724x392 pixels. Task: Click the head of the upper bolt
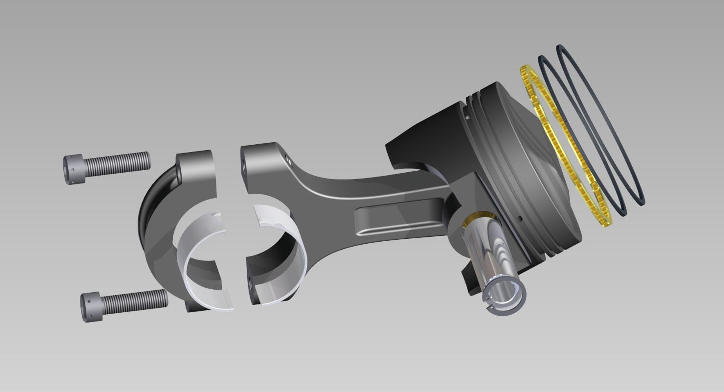coord(74,169)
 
